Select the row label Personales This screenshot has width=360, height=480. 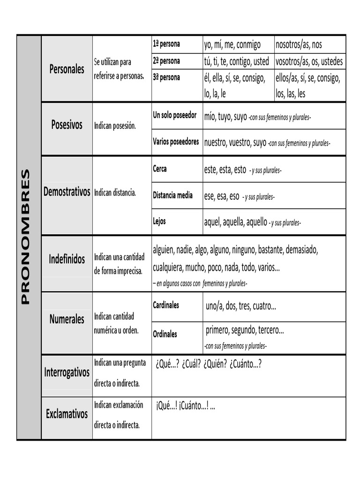67,69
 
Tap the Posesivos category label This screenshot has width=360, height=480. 67,125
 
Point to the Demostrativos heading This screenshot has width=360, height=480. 67,192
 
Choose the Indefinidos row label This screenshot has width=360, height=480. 67,259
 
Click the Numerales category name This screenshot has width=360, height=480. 67,319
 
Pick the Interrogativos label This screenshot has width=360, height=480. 67,373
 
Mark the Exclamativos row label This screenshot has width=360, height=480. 67,414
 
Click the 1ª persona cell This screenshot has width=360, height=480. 166,44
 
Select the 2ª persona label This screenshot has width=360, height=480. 166,61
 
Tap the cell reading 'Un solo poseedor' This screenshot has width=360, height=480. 175,115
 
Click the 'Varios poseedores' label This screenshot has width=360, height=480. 176,141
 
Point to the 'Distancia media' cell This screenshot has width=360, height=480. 172,195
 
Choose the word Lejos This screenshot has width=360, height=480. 159,221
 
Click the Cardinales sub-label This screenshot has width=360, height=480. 166,305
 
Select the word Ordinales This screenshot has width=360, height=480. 165,334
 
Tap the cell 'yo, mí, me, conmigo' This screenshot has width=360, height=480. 232,45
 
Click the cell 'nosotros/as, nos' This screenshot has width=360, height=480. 299,45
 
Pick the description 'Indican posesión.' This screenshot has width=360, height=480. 115,126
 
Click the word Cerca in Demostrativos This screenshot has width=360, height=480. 160,169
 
